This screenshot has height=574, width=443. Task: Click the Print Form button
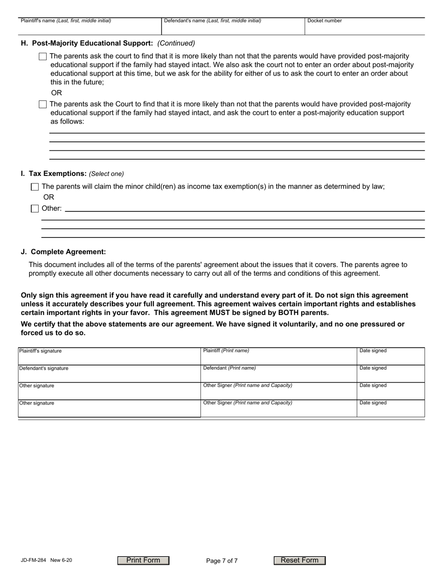click(143, 560)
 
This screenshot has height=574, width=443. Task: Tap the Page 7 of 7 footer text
click(221, 561)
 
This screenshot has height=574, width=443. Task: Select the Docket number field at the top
click(364, 27)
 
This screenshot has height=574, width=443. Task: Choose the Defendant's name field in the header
click(233, 28)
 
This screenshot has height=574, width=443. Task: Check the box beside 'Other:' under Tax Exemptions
click(35, 209)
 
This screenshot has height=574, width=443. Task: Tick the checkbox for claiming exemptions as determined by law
click(35, 187)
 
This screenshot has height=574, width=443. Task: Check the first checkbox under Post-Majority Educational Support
click(43, 56)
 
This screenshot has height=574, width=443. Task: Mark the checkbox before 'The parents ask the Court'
click(43, 104)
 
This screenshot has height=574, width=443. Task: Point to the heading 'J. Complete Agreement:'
click(63, 252)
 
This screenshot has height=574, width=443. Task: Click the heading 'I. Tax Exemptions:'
click(54, 174)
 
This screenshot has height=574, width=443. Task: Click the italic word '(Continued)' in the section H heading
click(176, 43)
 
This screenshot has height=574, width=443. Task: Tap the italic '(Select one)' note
click(106, 174)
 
